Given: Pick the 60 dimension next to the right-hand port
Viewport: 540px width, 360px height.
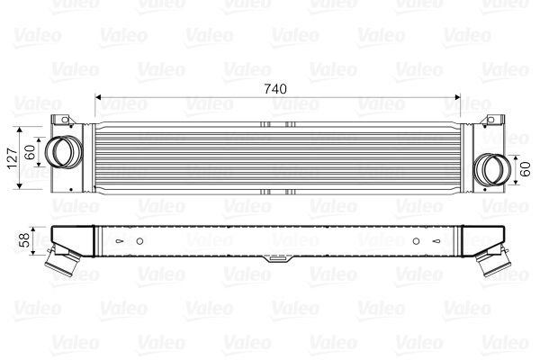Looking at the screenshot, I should point(526,167).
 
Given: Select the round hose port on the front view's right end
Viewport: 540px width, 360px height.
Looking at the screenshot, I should point(491,168).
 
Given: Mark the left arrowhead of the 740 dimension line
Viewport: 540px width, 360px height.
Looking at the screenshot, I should point(99,96).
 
